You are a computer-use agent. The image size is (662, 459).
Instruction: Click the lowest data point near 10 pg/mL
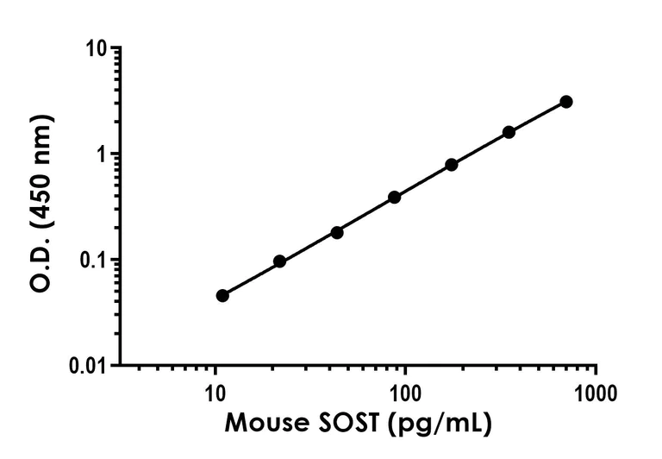[222, 295]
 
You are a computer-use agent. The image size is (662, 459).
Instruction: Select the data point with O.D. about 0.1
[279, 261]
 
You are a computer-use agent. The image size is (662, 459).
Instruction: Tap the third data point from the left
[337, 232]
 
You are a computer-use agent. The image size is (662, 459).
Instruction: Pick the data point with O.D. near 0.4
[394, 197]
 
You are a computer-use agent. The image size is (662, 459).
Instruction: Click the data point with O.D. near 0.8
[452, 164]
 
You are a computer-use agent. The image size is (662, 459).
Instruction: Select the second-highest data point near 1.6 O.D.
[509, 132]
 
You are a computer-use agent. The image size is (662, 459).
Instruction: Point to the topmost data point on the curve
[566, 102]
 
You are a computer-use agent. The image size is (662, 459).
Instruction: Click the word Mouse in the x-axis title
[260, 424]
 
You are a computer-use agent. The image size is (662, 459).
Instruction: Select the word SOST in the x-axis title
[344, 424]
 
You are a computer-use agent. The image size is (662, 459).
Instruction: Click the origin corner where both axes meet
[120, 365]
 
